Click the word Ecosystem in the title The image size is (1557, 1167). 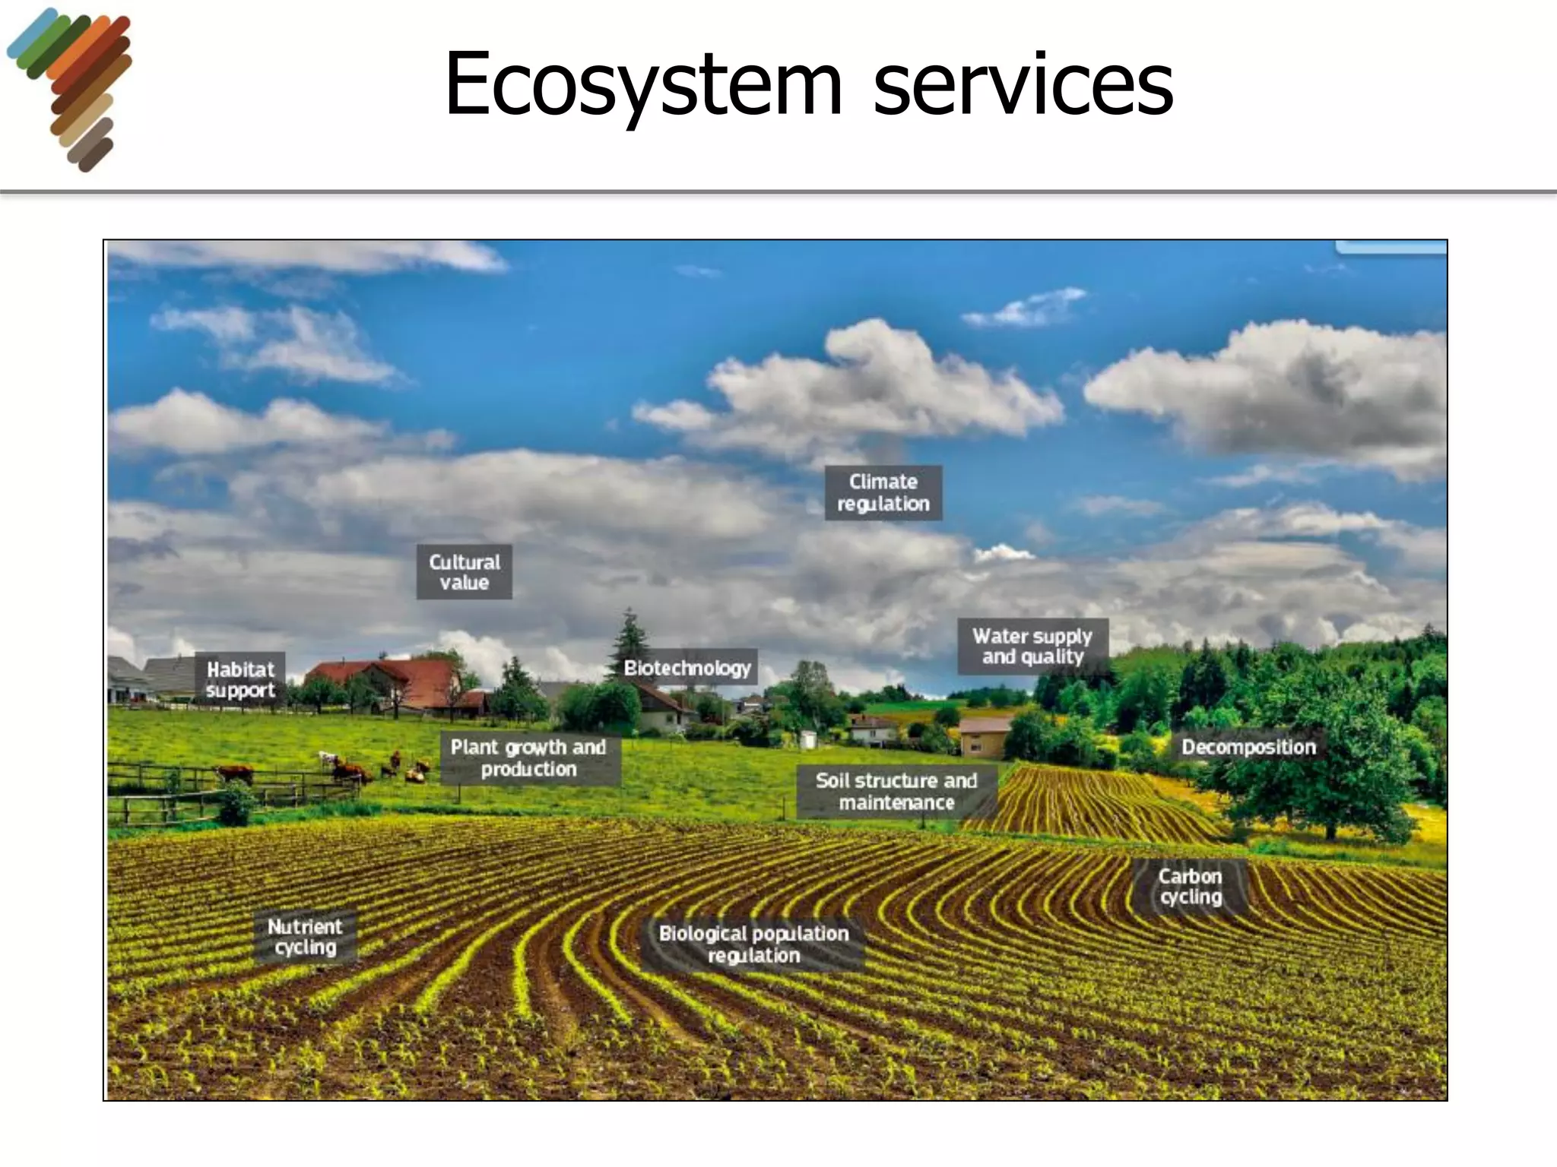(643, 85)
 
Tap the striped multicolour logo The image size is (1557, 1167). (73, 88)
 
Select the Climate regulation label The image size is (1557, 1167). (883, 493)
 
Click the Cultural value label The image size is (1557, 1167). (464, 572)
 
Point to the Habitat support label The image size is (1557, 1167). (240, 680)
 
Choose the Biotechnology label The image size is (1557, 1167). (687, 668)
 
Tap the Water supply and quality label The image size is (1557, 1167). (1032, 647)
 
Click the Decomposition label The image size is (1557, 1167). (1248, 747)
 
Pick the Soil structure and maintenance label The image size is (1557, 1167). (896, 792)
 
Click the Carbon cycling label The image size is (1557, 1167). (1190, 887)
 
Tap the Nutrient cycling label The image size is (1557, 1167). (305, 937)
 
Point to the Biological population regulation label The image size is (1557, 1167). (753, 944)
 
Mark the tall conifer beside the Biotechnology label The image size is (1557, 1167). (629, 642)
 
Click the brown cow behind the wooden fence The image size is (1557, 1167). (235, 773)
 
